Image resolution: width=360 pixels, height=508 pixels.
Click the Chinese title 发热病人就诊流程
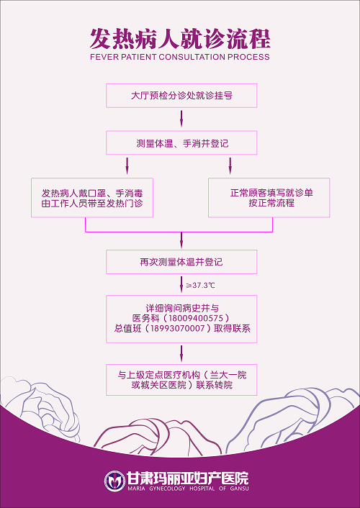(180, 39)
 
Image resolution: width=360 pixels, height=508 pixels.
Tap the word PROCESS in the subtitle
(248, 57)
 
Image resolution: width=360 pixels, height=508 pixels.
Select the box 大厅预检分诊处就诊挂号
(181, 96)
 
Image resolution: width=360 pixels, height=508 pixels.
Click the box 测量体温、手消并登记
(181, 143)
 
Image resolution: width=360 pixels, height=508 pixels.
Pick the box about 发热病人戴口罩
(92, 198)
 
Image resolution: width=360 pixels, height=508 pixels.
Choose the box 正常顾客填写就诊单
(269, 198)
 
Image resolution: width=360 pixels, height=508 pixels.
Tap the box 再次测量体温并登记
(181, 262)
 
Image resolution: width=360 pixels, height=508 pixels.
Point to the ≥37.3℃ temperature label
(200, 286)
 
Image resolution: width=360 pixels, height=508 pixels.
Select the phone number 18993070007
(177, 329)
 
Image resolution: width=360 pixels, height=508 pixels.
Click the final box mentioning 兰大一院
(181, 380)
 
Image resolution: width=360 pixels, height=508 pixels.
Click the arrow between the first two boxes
(181, 119)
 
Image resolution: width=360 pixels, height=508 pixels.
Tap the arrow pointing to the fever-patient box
(127, 166)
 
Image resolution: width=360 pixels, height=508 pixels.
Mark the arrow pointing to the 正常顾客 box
(230, 166)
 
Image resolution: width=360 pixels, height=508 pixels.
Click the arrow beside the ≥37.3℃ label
(181, 284)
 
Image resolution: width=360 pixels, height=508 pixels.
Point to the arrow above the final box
(181, 353)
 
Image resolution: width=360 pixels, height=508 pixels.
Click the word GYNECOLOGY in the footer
(167, 489)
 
